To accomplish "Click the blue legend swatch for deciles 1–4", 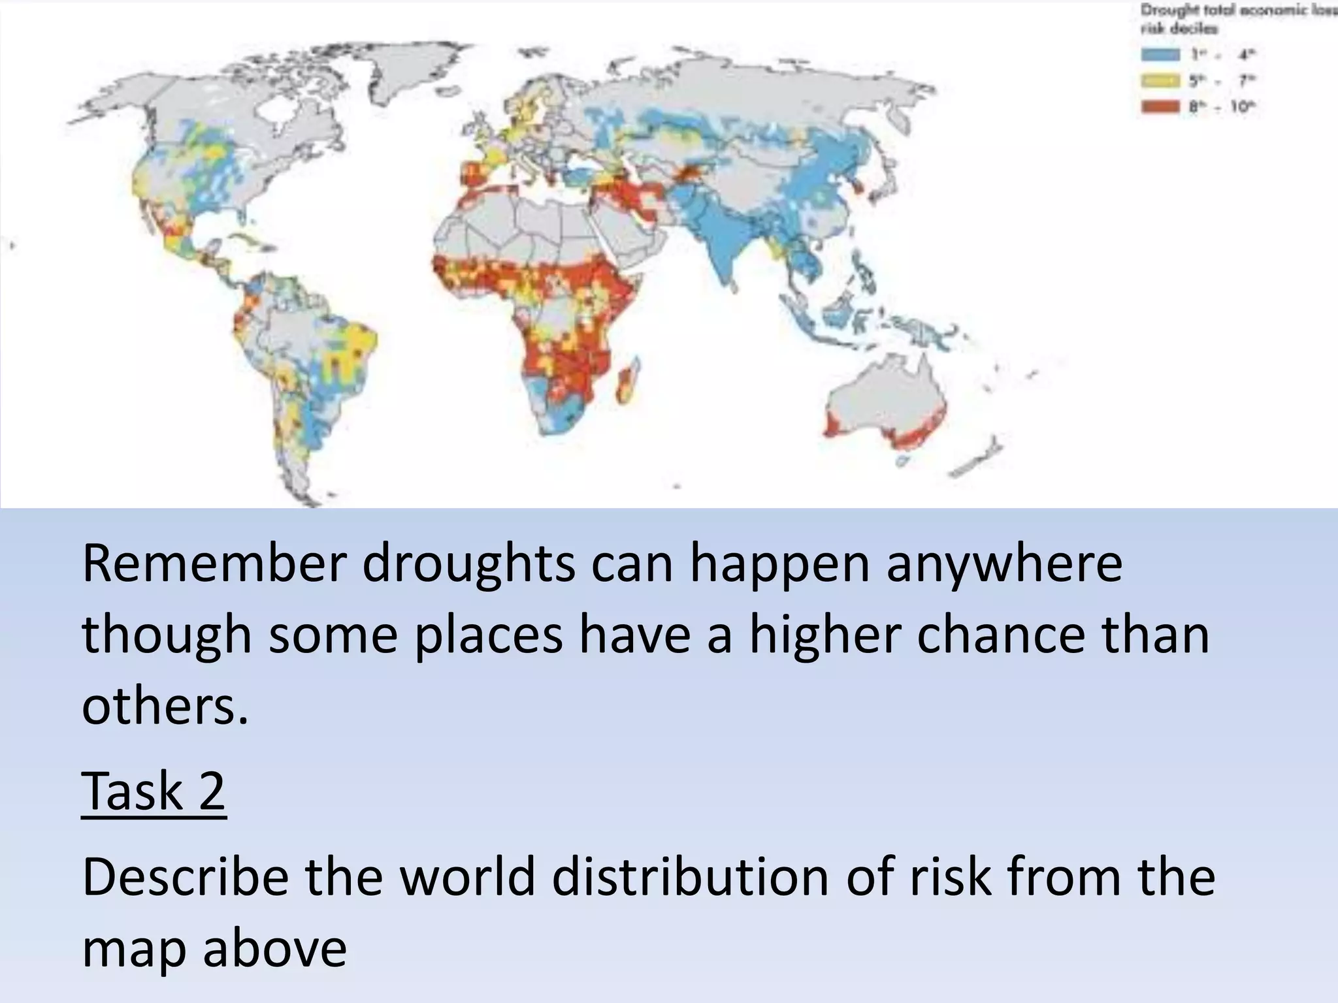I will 1160,54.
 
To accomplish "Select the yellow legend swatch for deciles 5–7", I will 1160,80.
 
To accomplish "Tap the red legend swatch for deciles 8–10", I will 1160,106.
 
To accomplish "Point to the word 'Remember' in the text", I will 212,563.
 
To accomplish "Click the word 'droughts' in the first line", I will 469,563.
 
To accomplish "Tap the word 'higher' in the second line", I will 824,635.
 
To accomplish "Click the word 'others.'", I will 165,707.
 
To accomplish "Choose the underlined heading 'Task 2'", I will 154,791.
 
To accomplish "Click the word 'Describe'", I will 186,876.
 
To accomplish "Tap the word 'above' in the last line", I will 274,948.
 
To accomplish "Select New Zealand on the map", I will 980,457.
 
